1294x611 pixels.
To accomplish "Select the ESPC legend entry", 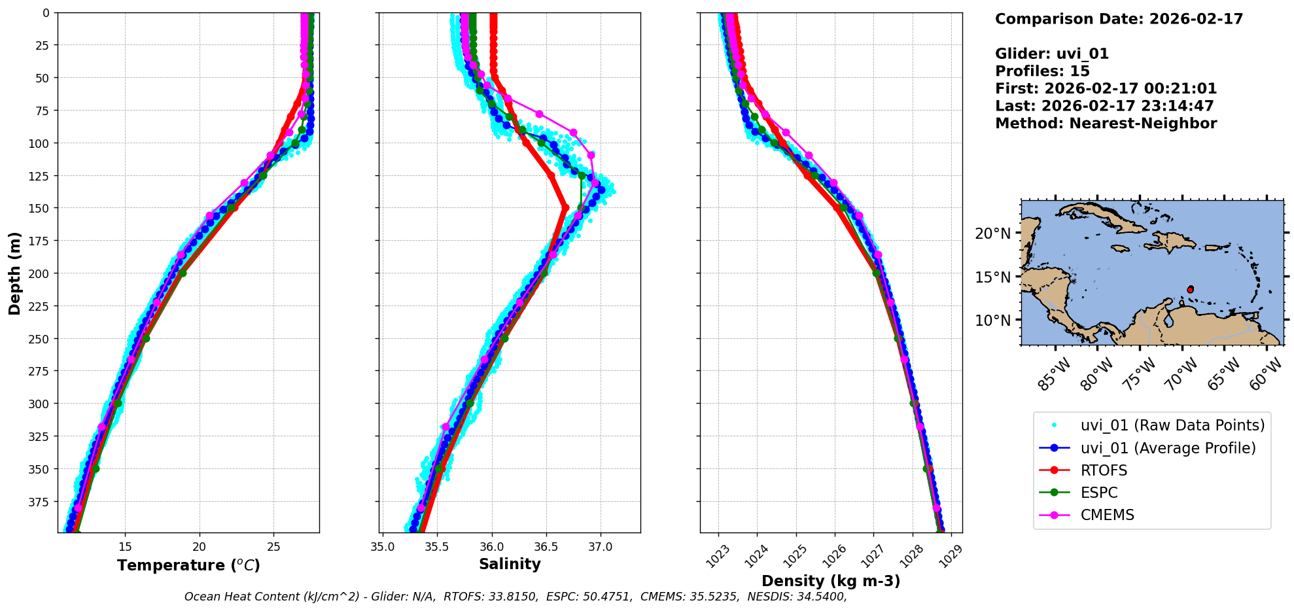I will point(1098,493).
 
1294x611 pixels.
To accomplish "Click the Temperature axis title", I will point(188,565).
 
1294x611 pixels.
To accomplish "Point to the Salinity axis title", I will point(510,564).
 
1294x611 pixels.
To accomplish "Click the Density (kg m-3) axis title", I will point(831,581).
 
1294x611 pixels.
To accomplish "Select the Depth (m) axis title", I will point(14,273).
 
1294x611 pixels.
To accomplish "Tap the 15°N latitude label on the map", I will point(993,277).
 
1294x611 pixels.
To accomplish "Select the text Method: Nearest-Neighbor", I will point(1106,124).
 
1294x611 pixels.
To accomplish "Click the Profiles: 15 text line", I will point(1042,71).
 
